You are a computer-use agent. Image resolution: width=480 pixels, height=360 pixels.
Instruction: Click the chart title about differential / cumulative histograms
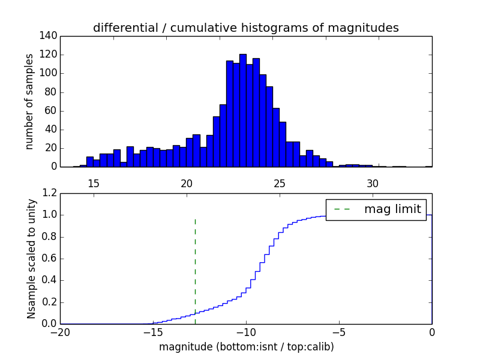click(245, 28)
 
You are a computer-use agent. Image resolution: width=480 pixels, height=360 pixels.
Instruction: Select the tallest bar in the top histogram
click(242, 110)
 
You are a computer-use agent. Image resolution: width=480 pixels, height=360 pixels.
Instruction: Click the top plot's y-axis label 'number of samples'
click(29, 101)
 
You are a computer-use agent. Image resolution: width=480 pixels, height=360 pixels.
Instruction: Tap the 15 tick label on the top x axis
click(94, 183)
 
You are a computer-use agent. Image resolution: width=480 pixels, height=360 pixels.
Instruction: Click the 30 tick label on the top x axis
click(373, 183)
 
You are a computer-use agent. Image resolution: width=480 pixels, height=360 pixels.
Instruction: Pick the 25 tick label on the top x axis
click(280, 183)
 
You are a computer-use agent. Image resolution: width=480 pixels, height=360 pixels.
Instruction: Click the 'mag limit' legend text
click(393, 209)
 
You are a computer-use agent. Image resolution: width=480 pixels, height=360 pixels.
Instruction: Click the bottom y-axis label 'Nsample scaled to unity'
click(31, 259)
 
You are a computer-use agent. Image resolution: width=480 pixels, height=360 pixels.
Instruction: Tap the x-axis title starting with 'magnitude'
click(246, 347)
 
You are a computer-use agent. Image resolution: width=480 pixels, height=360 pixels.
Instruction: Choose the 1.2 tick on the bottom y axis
click(50, 193)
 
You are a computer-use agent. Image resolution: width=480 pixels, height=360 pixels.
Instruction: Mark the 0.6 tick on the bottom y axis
click(50, 259)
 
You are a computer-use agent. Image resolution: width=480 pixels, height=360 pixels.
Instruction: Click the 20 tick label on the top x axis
click(187, 183)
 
